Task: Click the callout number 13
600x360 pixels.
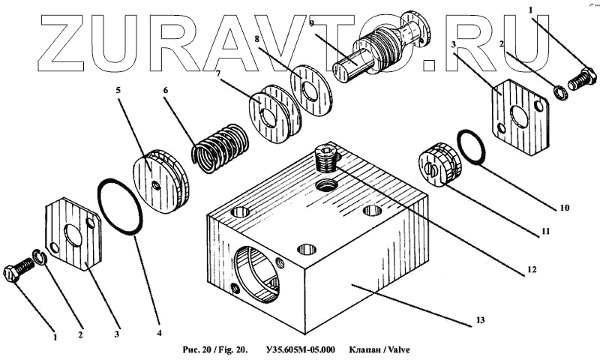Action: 481,320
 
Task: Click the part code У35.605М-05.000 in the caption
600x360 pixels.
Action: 301,350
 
